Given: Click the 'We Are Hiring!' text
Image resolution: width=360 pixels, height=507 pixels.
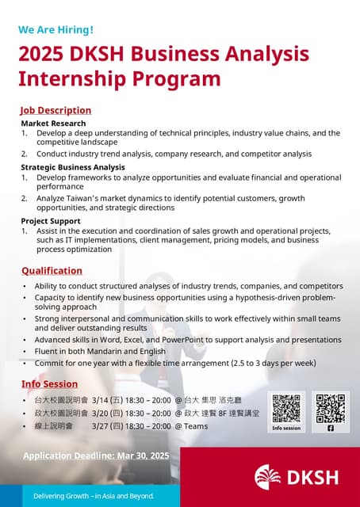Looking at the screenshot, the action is (56, 30).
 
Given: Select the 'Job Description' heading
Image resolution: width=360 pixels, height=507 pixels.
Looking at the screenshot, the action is (56, 110).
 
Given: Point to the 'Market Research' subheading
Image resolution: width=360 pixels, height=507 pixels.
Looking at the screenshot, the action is (53, 124).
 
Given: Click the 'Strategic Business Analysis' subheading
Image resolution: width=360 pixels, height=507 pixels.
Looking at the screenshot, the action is (73, 167).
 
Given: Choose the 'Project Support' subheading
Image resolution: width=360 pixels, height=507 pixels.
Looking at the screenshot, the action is (51, 221).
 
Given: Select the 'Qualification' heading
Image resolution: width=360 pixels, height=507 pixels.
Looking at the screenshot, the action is (52, 271).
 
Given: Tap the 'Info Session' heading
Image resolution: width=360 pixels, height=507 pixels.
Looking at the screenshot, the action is (49, 384).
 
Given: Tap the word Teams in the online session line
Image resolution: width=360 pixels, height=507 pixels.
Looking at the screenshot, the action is (196, 425).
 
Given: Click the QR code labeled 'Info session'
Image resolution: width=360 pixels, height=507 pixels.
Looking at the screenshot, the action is (286, 408).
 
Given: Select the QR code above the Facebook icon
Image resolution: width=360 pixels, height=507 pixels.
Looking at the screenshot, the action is (331, 407).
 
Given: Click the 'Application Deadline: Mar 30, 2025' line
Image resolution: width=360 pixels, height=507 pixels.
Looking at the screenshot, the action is (96, 456).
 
